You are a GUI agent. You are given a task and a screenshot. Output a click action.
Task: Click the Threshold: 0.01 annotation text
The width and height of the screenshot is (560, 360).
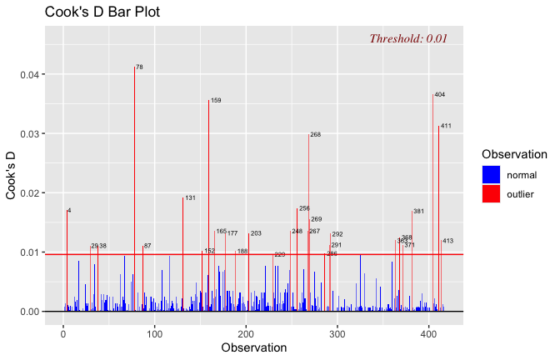(408, 38)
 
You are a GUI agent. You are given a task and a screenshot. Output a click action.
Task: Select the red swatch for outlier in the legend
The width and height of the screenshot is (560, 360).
(491, 194)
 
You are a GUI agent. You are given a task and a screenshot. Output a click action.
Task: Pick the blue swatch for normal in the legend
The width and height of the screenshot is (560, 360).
(491, 174)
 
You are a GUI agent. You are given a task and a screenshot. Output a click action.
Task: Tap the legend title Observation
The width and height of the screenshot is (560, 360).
(514, 154)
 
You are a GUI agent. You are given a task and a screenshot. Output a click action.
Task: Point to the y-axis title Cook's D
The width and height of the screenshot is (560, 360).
(12, 176)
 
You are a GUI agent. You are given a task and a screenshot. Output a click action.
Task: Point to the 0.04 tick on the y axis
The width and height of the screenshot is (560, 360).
(28, 75)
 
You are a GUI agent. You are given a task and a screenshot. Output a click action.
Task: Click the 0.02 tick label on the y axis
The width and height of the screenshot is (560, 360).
(28, 193)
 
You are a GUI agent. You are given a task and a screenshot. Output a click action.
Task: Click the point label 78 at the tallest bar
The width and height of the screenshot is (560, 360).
(139, 67)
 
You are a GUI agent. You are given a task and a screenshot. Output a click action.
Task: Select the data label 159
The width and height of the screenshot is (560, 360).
(216, 100)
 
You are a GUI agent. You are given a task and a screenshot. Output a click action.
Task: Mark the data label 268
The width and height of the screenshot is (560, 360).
(315, 134)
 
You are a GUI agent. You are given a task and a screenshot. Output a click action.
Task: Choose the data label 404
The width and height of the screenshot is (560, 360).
(439, 94)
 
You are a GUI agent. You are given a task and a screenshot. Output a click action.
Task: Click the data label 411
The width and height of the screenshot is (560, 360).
(446, 126)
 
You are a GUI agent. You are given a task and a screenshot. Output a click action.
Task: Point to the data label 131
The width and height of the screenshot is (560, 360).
(190, 197)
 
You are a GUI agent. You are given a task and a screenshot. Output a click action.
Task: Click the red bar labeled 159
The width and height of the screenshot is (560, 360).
(208, 208)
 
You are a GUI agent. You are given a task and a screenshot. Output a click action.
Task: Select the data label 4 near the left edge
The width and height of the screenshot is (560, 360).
(69, 210)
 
